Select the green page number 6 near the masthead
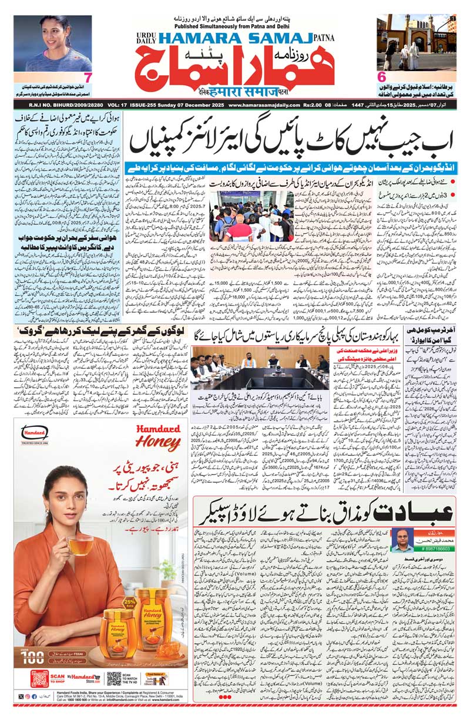pos(381,78)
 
